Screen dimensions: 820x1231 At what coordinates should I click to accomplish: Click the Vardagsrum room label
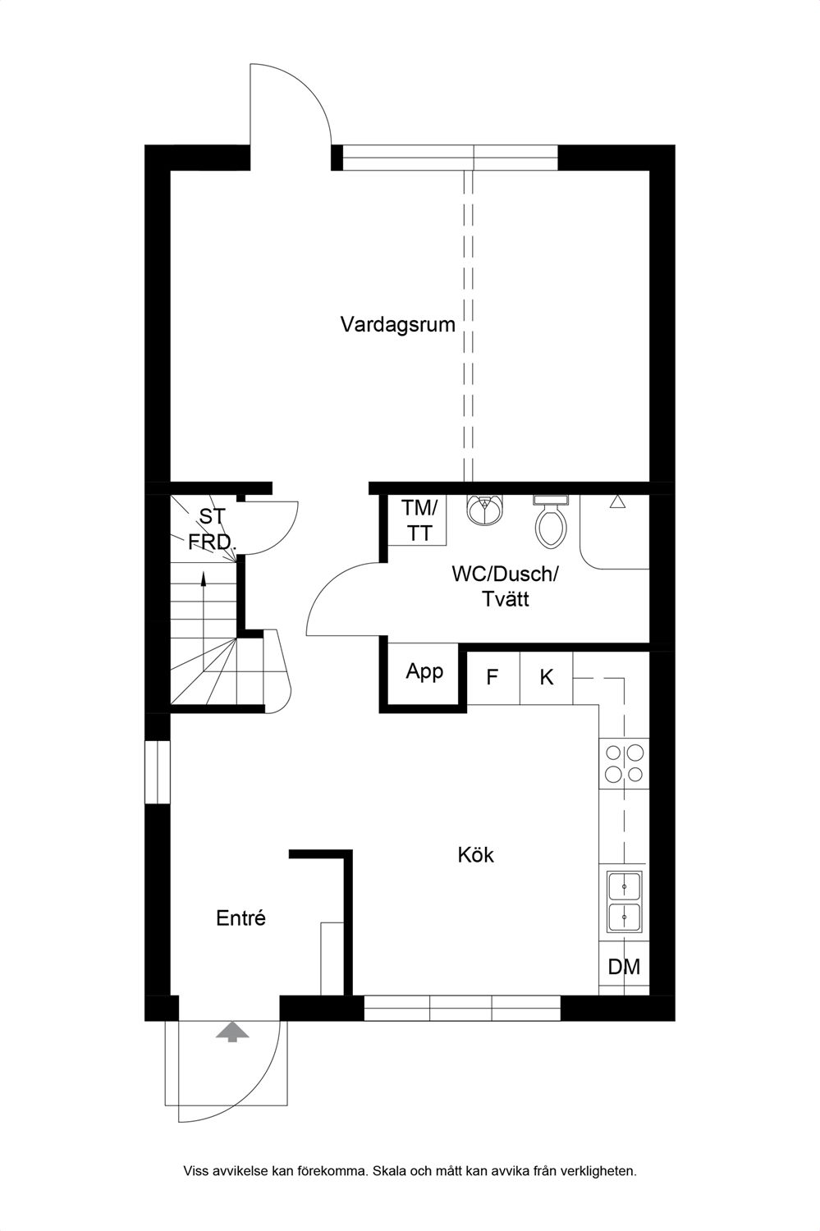pyautogui.click(x=398, y=324)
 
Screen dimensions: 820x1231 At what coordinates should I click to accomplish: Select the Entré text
pyautogui.click(x=241, y=918)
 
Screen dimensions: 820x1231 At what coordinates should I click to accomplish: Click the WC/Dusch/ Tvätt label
pyautogui.click(x=505, y=586)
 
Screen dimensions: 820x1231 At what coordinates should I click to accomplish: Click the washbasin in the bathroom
pyautogui.click(x=484, y=510)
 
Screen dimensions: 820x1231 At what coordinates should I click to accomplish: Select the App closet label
pyautogui.click(x=424, y=671)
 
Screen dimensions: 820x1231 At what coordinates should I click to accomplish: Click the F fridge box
pyautogui.click(x=493, y=678)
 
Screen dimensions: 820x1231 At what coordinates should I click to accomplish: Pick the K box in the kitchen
pyautogui.click(x=547, y=678)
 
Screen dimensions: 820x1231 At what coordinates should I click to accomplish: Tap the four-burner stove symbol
pyautogui.click(x=624, y=762)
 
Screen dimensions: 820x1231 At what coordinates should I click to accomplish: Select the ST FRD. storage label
pyautogui.click(x=212, y=529)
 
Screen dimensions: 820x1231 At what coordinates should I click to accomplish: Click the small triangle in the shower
pyautogui.click(x=618, y=501)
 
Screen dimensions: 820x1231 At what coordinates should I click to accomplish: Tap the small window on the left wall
pyautogui.click(x=157, y=772)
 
